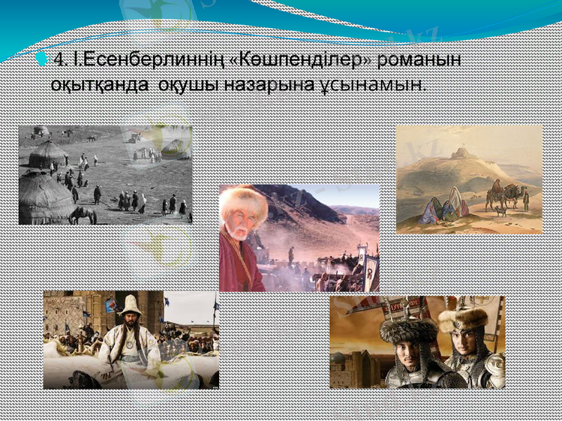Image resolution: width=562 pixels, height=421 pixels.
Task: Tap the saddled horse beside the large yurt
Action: tap(82, 214)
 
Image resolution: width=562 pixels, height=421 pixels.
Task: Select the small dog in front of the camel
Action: tap(500, 210)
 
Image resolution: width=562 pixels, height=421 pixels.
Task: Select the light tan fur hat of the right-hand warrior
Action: tap(463, 319)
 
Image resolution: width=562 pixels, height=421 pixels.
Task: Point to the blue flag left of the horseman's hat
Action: tap(111, 306)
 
